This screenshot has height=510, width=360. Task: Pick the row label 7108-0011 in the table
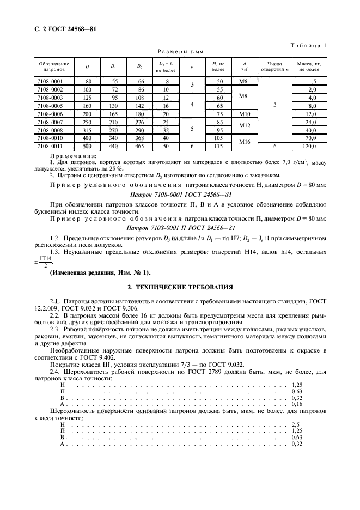pos(50,146)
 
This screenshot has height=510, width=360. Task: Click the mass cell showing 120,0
pos(309,146)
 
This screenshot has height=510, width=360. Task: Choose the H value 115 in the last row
pos(218,146)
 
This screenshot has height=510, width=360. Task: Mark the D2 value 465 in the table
pos(139,146)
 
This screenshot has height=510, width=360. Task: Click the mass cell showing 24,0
pos(309,122)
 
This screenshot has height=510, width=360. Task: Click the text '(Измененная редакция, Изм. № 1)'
pos(101,272)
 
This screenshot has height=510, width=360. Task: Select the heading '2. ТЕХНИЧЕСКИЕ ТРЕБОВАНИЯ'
pos(180,286)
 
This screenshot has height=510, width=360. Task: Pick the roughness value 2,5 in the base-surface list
pos(296,424)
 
